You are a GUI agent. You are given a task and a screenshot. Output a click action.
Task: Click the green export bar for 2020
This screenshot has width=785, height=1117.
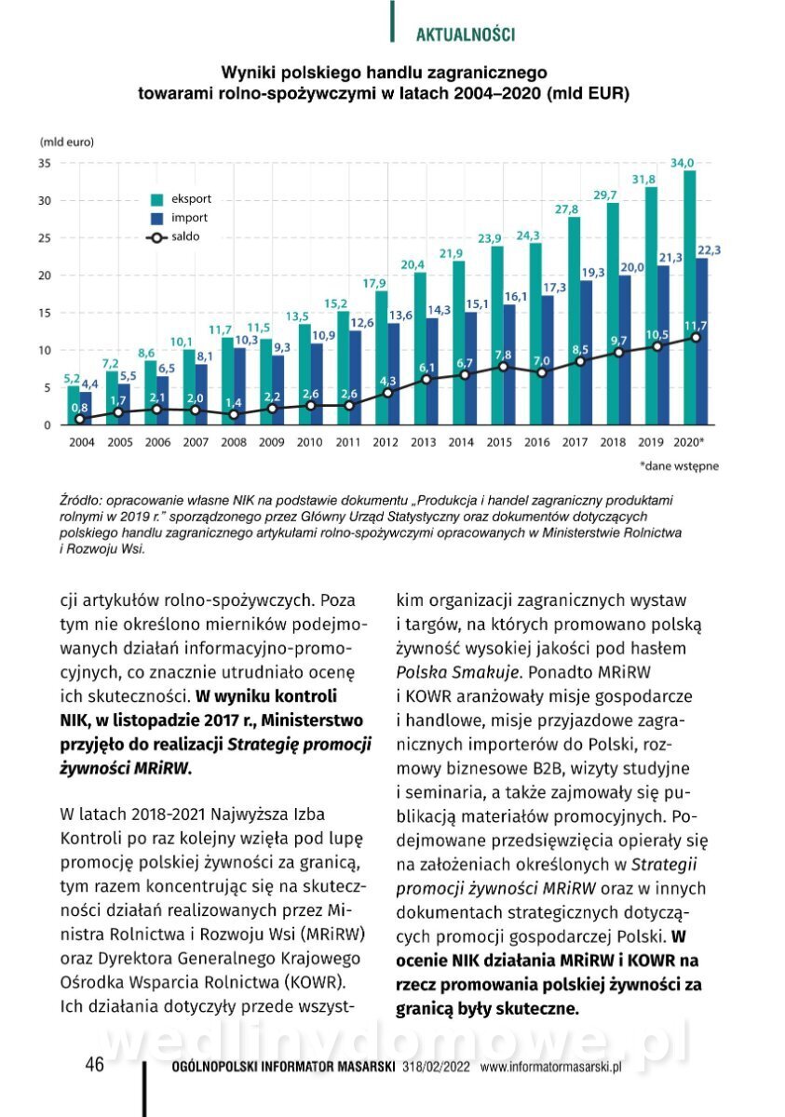coord(689,298)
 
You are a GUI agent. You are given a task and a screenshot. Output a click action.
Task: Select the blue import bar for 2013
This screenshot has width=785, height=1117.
coord(432,371)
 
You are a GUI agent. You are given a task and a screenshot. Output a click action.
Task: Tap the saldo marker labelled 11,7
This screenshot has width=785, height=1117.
coord(696,337)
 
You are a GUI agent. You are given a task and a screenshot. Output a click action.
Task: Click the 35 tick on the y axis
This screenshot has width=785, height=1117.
coord(44,163)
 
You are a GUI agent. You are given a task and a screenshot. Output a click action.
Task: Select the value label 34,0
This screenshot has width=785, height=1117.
coord(684,163)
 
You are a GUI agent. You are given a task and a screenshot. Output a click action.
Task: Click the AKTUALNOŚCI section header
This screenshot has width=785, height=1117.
coord(465,34)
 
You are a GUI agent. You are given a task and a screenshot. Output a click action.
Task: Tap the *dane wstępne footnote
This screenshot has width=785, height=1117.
coord(679,464)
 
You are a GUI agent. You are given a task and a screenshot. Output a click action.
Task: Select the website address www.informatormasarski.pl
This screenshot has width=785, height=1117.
coord(550,1068)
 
